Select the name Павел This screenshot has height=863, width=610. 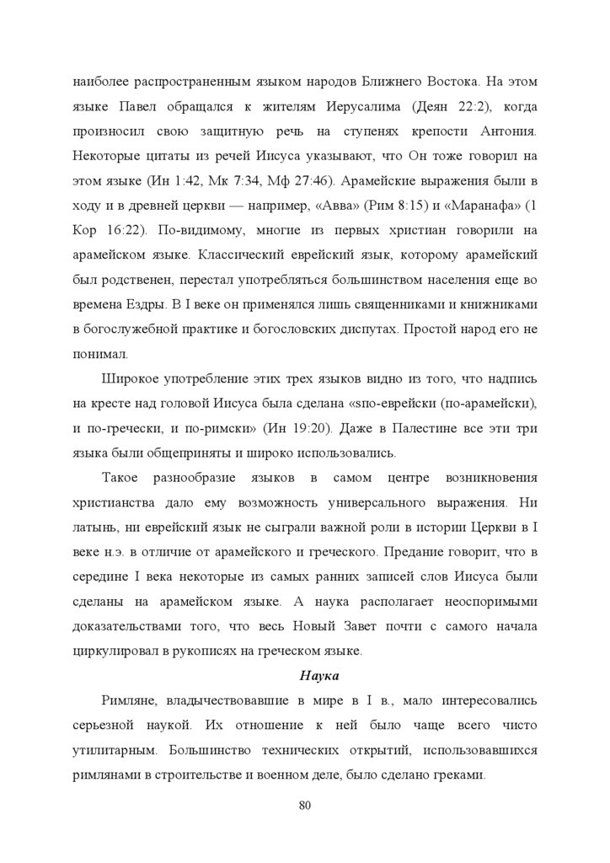(147, 109)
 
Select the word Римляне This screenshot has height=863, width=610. (129, 701)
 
